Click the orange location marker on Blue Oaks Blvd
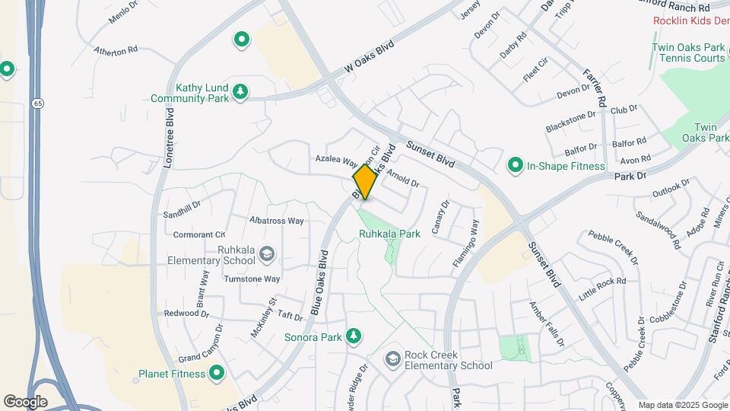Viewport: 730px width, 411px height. pyautogui.click(x=366, y=181)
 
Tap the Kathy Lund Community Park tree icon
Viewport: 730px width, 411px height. pyautogui.click(x=240, y=92)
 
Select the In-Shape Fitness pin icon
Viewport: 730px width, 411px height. pyautogui.click(x=515, y=165)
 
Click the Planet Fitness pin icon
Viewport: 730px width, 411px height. pyautogui.click(x=217, y=374)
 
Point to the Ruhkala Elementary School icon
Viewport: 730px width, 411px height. pyautogui.click(x=266, y=253)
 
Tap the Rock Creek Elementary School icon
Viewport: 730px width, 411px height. pyautogui.click(x=392, y=358)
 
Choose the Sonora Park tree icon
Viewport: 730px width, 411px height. pyautogui.click(x=353, y=336)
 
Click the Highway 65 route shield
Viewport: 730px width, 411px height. pyautogui.click(x=36, y=103)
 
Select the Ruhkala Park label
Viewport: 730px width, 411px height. pyautogui.click(x=389, y=234)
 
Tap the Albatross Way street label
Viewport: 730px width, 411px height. pyautogui.click(x=277, y=221)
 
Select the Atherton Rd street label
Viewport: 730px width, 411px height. pyautogui.click(x=116, y=51)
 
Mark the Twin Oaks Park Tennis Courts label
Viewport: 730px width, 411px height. pyautogui.click(x=687, y=53)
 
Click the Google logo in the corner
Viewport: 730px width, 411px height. pyautogui.click(x=24, y=401)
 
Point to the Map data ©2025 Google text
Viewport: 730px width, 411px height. pyautogui.click(x=682, y=405)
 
